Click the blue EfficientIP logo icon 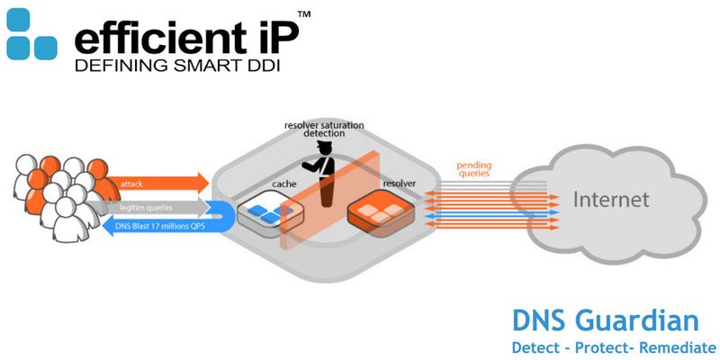point(31,34)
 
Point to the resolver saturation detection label point(320,128)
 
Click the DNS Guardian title point(604,321)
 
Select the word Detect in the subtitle point(532,346)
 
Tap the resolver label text point(399,183)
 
